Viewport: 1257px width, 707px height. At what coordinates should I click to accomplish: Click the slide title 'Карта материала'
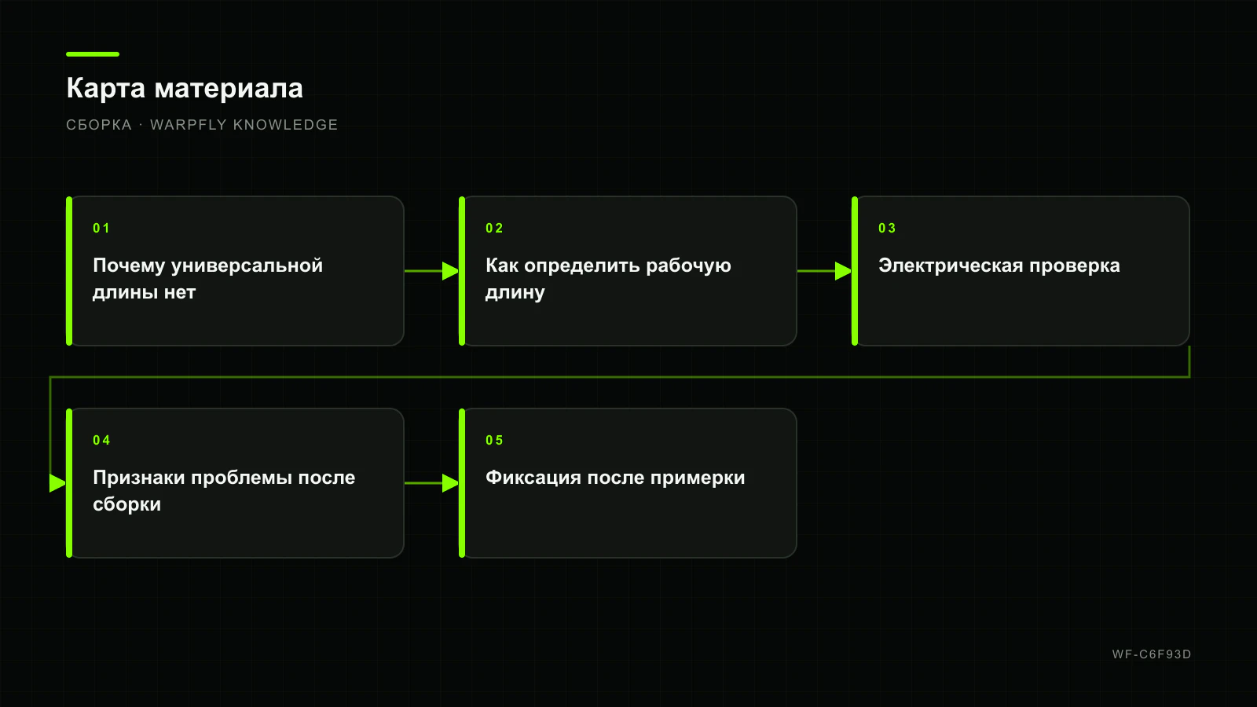[x=185, y=89]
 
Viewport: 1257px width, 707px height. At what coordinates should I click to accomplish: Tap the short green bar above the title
[x=93, y=54]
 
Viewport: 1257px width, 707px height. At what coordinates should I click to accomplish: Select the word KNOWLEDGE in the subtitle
[x=286, y=125]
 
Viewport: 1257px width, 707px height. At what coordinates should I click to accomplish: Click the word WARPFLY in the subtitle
[x=188, y=125]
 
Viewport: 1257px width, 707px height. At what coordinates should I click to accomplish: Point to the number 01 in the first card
[x=101, y=229]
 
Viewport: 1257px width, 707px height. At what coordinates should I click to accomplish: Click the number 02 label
[x=494, y=229]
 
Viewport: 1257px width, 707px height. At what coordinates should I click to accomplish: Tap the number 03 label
[x=887, y=229]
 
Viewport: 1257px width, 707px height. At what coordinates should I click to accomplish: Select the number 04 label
[x=101, y=441]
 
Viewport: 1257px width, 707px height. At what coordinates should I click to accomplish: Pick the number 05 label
[x=494, y=441]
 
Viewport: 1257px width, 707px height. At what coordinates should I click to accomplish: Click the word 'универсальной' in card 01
[x=247, y=266]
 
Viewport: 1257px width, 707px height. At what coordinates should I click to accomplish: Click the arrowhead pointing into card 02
[x=451, y=271]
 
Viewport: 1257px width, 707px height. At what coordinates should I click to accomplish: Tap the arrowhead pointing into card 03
[x=844, y=271]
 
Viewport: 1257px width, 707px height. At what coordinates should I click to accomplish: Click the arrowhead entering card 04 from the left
[x=58, y=483]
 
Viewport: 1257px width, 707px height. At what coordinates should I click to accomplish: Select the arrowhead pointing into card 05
[x=451, y=483]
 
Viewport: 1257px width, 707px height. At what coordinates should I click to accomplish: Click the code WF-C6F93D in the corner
[x=1152, y=654]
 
